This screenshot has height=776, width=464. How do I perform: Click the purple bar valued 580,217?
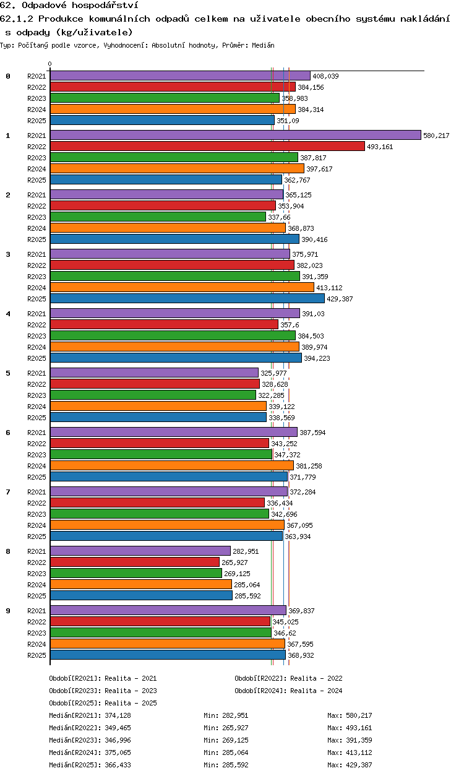click(236, 135)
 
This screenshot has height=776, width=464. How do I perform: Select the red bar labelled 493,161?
click(207, 146)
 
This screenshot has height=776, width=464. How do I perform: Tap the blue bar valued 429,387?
click(187, 298)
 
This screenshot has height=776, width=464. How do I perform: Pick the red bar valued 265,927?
click(135, 562)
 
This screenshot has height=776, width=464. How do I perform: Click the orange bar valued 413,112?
click(182, 287)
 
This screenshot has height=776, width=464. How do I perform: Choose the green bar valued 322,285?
click(153, 395)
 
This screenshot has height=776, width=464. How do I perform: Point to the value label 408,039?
click(325, 76)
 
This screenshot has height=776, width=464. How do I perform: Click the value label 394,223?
click(317, 358)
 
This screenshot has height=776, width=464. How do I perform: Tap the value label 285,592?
click(247, 596)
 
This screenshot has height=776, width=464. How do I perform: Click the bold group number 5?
click(8, 373)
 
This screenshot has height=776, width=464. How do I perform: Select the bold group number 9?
click(8, 611)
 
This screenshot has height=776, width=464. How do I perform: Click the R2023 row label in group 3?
click(37, 277)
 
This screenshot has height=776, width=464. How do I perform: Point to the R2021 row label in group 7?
click(37, 492)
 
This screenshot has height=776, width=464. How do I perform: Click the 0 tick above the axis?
click(50, 64)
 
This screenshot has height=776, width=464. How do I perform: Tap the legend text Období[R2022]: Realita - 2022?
click(288, 678)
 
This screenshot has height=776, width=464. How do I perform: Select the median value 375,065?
click(118, 752)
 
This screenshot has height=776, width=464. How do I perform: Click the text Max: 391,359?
click(350, 740)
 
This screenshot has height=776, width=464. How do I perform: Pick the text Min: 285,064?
click(226, 752)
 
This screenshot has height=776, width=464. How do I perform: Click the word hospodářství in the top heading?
click(105, 5)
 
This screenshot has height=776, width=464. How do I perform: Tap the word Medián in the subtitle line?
click(263, 45)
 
